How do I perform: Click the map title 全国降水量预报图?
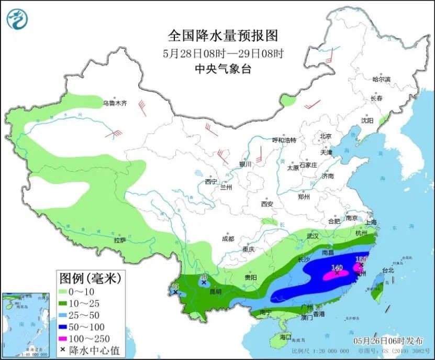[x=222, y=36]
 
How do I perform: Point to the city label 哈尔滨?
[x=381, y=80]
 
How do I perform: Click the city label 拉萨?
[x=120, y=240]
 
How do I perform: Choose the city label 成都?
[x=228, y=238]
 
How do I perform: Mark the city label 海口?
[x=285, y=336]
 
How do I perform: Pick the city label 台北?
[x=387, y=271]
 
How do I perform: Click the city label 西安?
[x=267, y=204]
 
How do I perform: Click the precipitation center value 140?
[x=336, y=267]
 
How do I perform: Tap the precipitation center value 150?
[x=361, y=259]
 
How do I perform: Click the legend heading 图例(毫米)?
[x=90, y=277]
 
